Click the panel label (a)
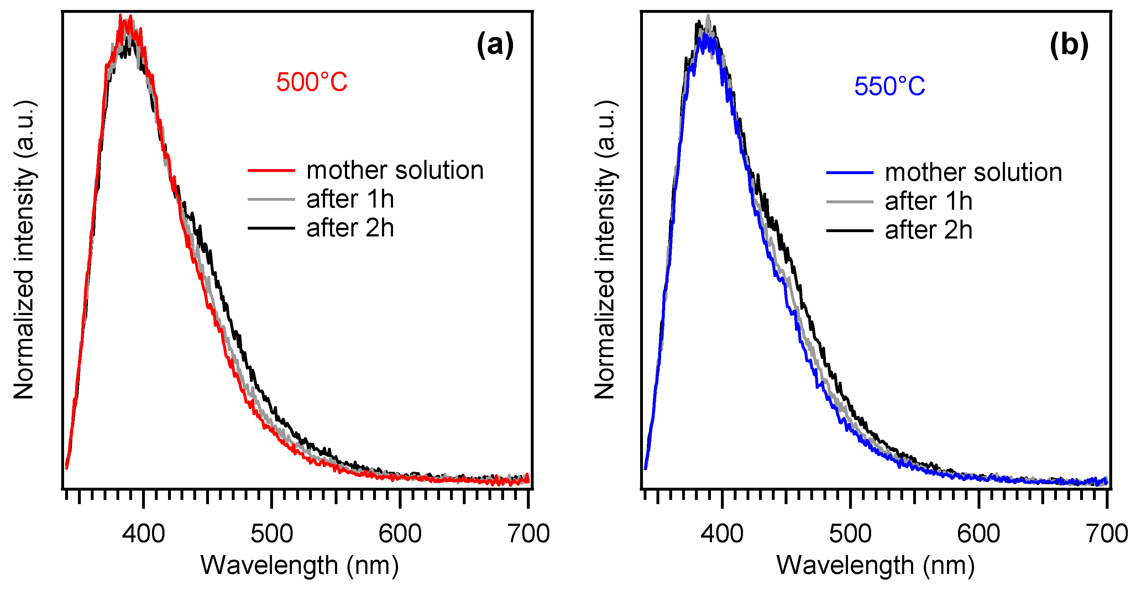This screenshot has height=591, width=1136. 495,45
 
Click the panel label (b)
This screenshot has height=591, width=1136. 1069,45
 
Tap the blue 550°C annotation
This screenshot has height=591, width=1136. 890,87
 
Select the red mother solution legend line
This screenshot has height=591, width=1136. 271,170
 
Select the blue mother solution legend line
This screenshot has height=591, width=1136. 849,172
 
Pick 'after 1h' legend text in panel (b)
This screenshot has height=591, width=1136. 928,202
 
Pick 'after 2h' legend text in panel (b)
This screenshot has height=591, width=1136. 928,231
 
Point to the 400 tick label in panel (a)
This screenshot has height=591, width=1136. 143,534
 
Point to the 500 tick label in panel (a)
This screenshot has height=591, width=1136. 272,534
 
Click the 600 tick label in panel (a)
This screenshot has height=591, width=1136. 400,534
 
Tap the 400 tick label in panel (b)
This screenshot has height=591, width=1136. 722,534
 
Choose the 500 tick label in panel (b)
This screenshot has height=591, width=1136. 850,534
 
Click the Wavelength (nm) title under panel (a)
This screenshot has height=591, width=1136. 299,565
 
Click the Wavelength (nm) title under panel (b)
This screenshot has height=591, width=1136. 875,565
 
